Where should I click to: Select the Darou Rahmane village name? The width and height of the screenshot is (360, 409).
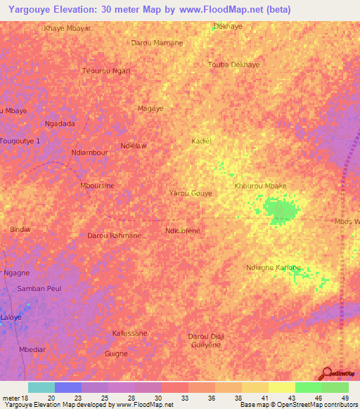114,235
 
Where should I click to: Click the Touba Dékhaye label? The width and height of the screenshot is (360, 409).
234,65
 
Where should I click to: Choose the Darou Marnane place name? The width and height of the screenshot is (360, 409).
157,43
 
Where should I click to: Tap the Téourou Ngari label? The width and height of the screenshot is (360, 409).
106,71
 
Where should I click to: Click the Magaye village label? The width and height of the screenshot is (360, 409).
150,109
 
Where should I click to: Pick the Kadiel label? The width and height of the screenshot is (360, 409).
201,141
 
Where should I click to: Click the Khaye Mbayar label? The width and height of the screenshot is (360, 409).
67,28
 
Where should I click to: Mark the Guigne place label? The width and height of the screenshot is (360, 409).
115,353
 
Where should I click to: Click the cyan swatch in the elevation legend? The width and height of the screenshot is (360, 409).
41,387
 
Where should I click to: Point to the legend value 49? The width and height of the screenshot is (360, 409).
345,398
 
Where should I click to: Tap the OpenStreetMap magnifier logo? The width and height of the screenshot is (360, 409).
326,374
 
